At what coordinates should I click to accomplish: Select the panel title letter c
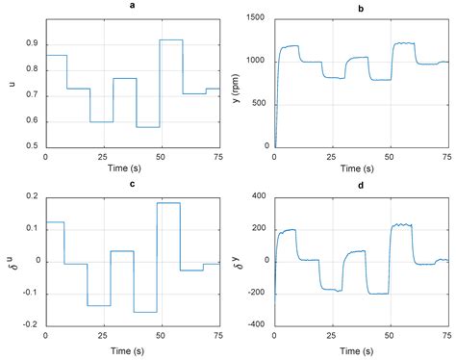133,185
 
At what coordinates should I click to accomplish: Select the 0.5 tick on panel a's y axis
33,146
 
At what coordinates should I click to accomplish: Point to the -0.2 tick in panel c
31,325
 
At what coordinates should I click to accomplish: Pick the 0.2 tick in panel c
33,197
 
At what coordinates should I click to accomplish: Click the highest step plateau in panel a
171,39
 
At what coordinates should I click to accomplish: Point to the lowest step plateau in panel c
145,312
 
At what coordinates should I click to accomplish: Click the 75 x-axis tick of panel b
448,156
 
